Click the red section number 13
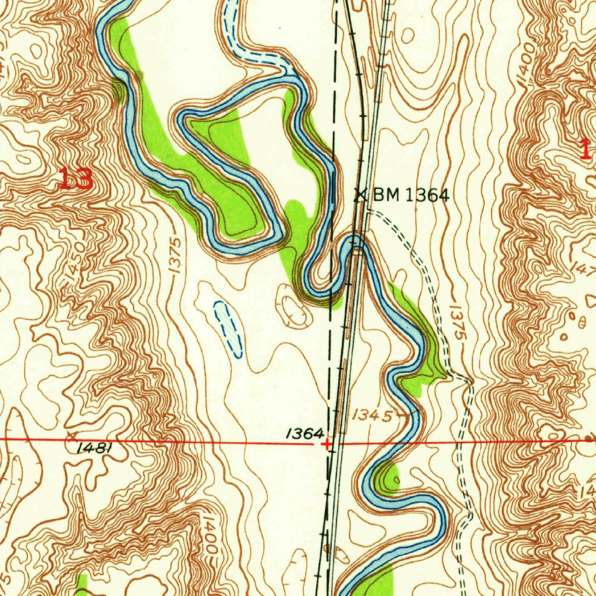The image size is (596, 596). pos(76,179)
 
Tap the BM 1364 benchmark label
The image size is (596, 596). pos(411,196)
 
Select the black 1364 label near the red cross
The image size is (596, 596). pos(304,433)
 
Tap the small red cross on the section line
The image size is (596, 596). pos(327,444)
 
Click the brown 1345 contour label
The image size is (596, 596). pos(372,415)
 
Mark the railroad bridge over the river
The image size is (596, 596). pos(356,244)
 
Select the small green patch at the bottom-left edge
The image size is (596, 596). pos(82,584)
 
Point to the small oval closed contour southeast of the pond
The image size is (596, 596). pos(296,311)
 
